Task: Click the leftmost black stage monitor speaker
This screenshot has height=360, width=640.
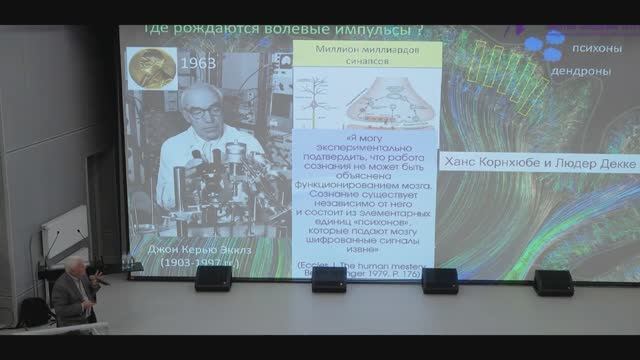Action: click(213, 278)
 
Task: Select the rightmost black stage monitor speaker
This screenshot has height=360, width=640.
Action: click(553, 282)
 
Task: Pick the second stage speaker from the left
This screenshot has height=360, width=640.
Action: click(329, 279)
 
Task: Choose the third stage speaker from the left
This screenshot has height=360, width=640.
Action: click(439, 280)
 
